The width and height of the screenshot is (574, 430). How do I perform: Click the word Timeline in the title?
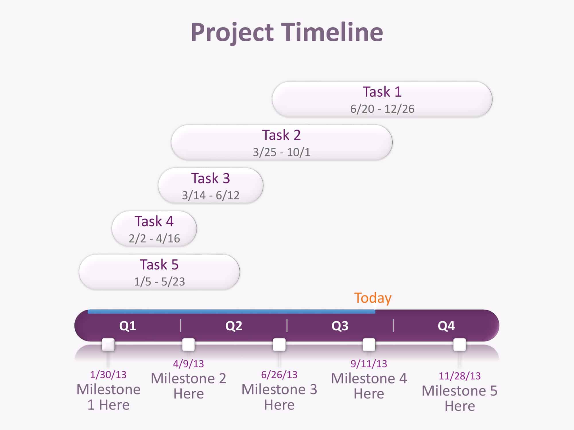(x=332, y=32)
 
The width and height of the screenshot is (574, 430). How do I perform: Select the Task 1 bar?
(x=382, y=99)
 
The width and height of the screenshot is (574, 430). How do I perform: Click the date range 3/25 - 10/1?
(x=282, y=152)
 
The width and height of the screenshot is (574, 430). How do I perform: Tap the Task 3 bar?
(x=210, y=185)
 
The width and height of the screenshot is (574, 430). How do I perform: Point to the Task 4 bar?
(x=154, y=229)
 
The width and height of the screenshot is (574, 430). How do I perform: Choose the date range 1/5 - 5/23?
(x=160, y=282)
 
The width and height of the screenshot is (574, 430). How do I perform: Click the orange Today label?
(x=373, y=298)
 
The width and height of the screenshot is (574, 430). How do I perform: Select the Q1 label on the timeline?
(x=128, y=326)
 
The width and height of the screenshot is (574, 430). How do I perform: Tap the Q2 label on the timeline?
(x=234, y=326)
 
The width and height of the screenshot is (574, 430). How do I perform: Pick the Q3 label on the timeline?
(x=340, y=326)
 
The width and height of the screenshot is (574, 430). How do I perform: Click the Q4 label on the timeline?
(x=446, y=326)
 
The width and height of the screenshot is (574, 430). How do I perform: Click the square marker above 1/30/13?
(x=108, y=345)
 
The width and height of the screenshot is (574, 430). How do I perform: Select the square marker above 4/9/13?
(x=189, y=345)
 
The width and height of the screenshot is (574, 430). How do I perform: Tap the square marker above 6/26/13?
(x=279, y=345)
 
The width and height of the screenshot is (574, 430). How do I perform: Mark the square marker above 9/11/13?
(x=369, y=345)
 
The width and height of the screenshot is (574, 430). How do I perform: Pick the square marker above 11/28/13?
(x=459, y=345)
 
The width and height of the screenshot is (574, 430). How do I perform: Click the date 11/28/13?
(x=459, y=376)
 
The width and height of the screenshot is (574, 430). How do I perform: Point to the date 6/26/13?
(x=279, y=375)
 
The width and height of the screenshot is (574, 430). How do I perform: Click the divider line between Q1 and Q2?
(x=181, y=326)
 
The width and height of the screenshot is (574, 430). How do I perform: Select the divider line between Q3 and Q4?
(x=393, y=326)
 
